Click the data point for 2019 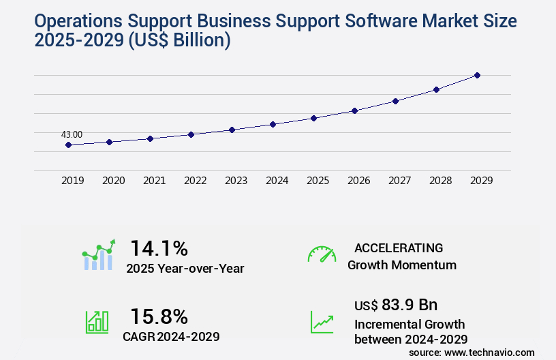(x=68, y=145)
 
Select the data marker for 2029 (x=477, y=75)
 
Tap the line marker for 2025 (x=313, y=118)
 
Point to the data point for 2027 (x=395, y=101)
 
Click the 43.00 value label (x=72, y=134)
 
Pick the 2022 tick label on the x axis (x=195, y=181)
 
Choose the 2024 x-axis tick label (x=277, y=181)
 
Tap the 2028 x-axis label (x=440, y=181)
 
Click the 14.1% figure (x=159, y=247)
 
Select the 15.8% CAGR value (x=159, y=316)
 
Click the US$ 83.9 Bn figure (x=396, y=304)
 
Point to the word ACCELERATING (x=399, y=247)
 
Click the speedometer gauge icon (x=322, y=254)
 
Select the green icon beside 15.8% (x=97, y=322)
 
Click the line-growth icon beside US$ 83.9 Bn (x=322, y=322)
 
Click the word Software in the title (x=386, y=21)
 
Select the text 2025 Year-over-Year (x=185, y=269)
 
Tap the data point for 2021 (x=150, y=138)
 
